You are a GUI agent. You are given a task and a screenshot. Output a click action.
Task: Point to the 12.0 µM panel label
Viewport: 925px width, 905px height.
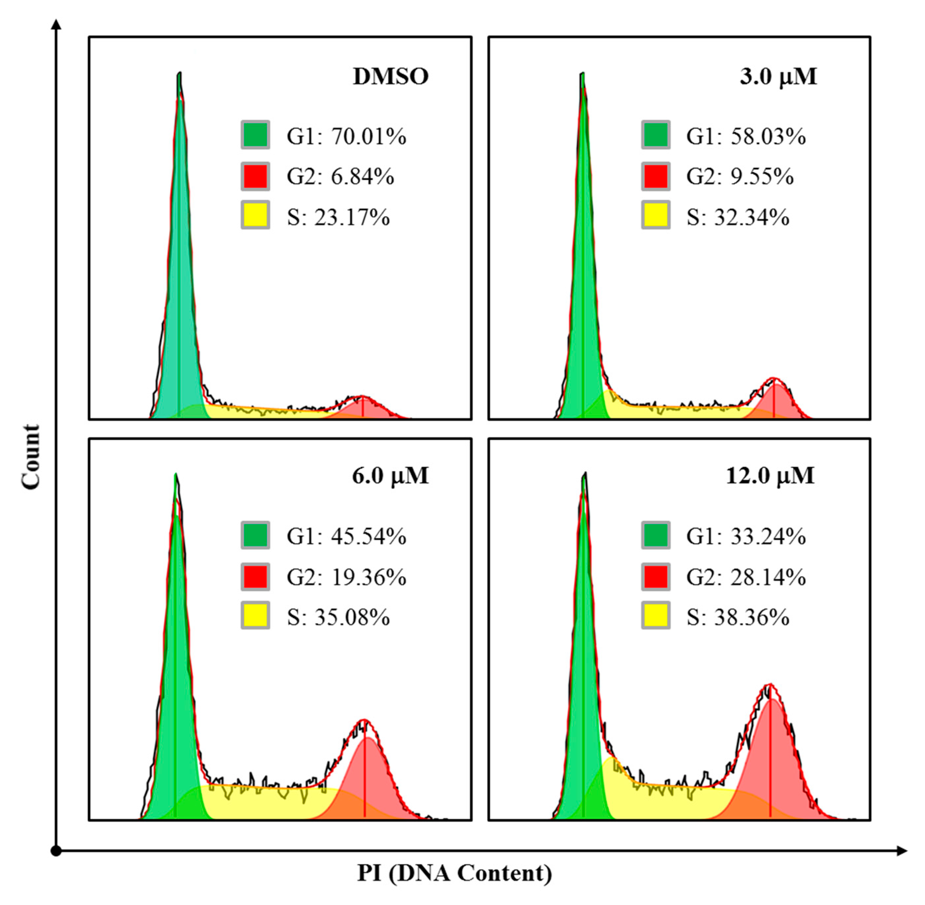(x=770, y=476)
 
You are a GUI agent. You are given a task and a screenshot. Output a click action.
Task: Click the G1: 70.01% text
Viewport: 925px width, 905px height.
(x=346, y=137)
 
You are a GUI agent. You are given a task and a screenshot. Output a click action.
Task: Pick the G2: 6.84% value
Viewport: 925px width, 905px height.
(x=340, y=177)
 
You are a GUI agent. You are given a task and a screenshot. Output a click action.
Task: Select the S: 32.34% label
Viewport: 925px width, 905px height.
(x=738, y=217)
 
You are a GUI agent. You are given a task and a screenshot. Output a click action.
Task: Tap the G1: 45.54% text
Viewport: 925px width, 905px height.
(x=346, y=536)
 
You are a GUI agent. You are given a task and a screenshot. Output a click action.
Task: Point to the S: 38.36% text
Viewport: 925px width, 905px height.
(x=738, y=617)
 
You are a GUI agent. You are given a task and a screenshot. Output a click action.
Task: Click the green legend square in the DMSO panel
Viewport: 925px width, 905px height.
(x=255, y=135)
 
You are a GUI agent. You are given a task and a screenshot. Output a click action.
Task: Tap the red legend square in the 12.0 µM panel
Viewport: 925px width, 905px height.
(x=655, y=576)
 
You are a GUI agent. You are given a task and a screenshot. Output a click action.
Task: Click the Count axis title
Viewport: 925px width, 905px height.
(x=31, y=456)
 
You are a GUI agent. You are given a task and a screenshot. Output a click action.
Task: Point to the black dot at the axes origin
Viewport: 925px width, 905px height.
(x=57, y=851)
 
